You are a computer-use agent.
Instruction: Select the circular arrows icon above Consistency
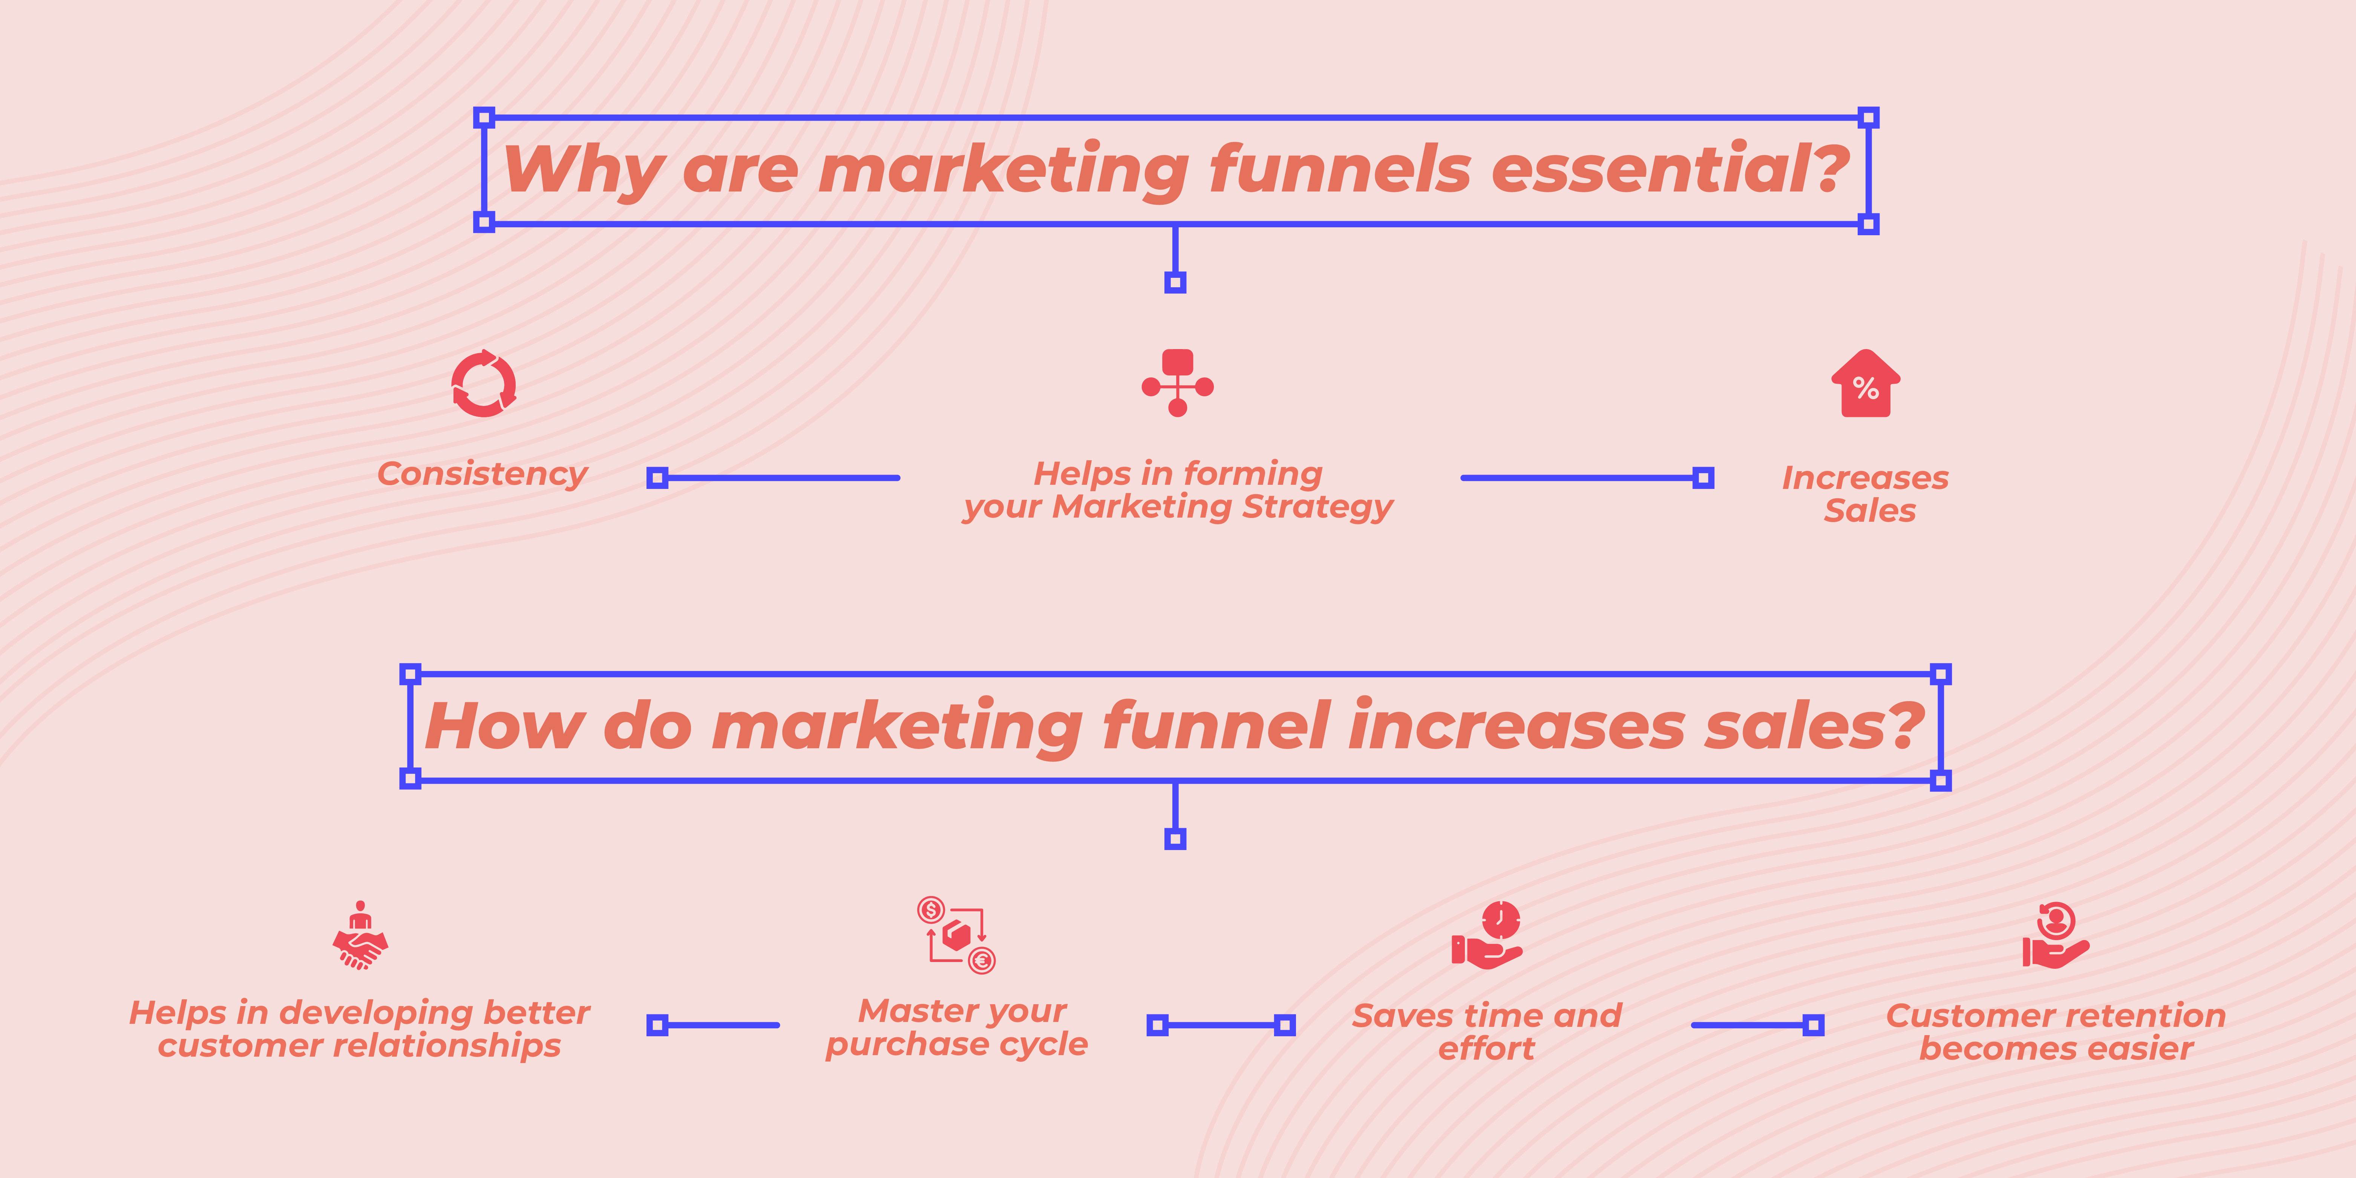[x=484, y=384]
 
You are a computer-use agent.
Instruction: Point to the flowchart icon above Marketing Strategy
[x=1177, y=382]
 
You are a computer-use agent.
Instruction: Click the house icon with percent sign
[x=1866, y=384]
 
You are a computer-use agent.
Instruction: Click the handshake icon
[x=360, y=936]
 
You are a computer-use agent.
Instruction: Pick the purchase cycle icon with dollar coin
[x=956, y=935]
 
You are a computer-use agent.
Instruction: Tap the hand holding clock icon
[x=1487, y=935]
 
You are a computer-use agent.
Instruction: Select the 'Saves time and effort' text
[x=1487, y=1032]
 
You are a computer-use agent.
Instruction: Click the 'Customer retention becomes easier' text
[x=2056, y=1032]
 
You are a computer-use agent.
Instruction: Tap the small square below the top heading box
[x=1175, y=283]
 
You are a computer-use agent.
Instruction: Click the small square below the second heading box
[x=1175, y=839]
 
